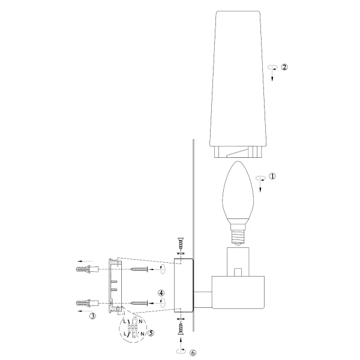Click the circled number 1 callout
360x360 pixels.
[272, 176]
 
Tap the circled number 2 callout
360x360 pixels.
[284, 67]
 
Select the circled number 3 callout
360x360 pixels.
[92, 316]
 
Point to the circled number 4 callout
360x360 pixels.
[161, 293]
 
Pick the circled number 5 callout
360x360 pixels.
[151, 333]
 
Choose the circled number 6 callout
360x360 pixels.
[193, 353]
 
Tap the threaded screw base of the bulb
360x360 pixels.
[238, 237]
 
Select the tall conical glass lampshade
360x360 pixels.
[238, 84]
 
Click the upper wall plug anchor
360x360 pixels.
[87, 269]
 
